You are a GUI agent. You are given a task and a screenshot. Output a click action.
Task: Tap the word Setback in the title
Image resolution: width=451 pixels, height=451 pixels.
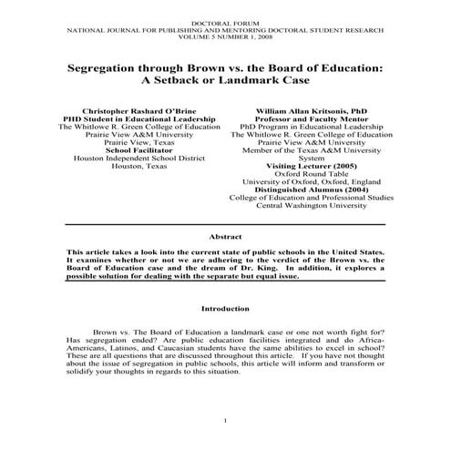203,81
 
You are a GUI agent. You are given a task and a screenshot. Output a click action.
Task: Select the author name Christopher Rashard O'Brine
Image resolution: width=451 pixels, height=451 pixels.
126,108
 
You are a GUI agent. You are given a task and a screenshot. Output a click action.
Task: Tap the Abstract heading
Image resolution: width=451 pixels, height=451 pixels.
226,235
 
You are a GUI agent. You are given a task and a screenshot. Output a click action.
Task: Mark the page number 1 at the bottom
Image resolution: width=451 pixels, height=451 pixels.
225,418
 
